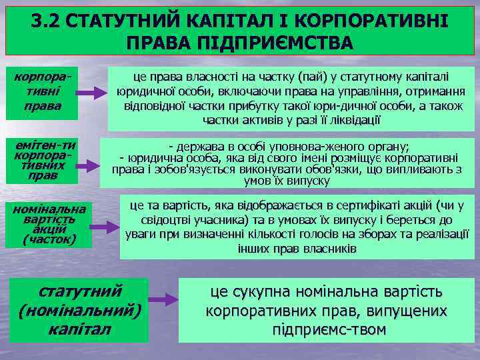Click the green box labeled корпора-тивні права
[42, 93]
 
